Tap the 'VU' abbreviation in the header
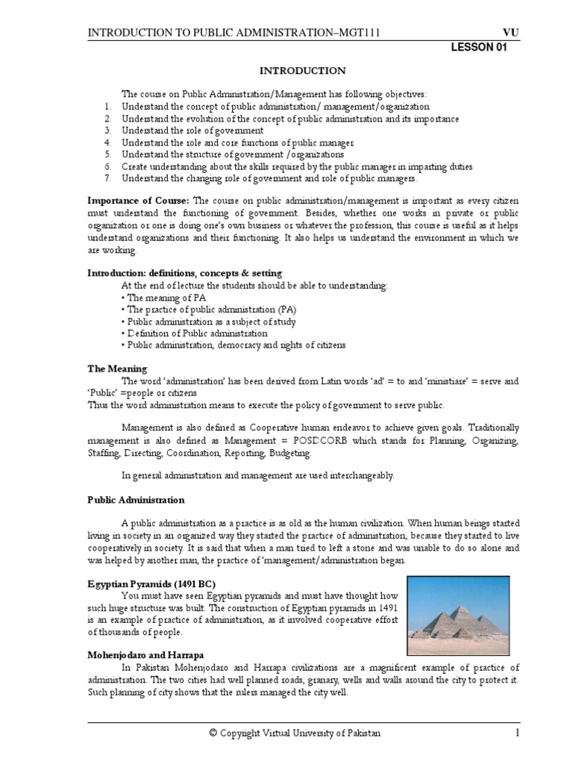coord(511,32)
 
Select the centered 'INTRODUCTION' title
coord(302,71)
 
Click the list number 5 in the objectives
coord(107,154)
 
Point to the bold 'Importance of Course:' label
coord(139,201)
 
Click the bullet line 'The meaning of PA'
coord(166,298)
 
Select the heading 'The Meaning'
coord(117,369)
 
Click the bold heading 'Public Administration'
coord(136,500)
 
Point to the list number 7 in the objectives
coord(107,178)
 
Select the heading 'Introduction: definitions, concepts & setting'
coord(185,274)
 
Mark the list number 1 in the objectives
coord(107,107)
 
